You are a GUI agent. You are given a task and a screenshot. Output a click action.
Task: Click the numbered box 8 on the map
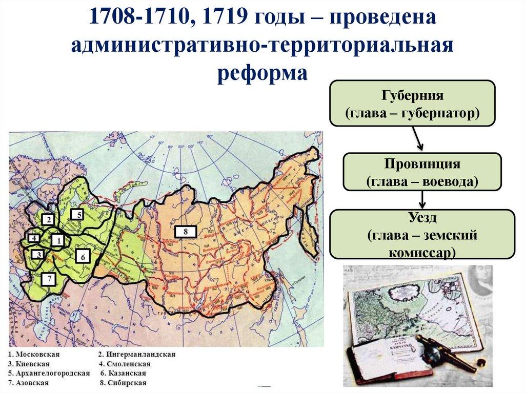click(186, 232)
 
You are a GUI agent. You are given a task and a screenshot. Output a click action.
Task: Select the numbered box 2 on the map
click(48, 220)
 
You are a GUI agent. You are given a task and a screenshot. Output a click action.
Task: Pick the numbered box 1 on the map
click(57, 239)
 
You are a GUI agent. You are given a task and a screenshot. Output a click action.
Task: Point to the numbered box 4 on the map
click(34, 238)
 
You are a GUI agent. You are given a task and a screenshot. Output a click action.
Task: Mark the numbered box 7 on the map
click(49, 279)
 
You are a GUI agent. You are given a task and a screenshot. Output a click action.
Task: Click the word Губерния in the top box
click(412, 96)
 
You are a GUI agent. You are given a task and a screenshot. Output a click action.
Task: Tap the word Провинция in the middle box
click(421, 164)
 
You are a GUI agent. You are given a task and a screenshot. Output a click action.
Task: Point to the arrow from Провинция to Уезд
click(421, 199)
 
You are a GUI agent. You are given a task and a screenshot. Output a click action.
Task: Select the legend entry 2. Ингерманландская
click(137, 354)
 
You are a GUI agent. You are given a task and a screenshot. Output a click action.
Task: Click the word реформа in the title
click(262, 72)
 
